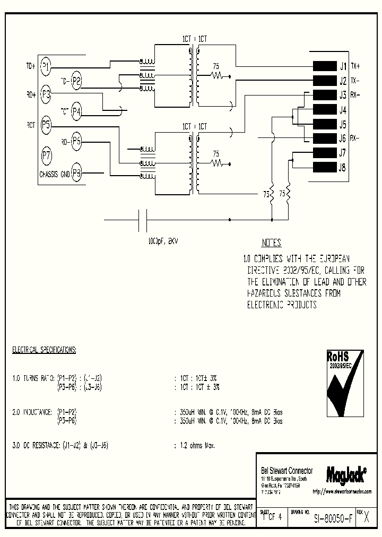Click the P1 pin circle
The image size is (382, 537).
[46, 66]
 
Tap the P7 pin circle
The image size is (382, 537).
[46, 155]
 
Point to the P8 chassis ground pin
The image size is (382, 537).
[77, 172]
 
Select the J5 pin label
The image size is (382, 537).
[342, 125]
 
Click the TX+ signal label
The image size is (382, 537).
[355, 66]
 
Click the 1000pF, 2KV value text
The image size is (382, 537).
[163, 240]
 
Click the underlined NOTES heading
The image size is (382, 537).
[271, 243]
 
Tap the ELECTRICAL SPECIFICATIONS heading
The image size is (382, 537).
[44, 350]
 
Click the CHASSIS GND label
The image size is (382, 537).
[55, 173]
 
